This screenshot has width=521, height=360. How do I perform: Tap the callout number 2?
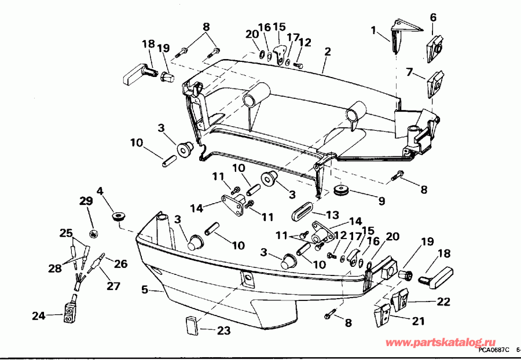coord(328,52)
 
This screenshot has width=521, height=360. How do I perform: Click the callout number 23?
coord(224,331)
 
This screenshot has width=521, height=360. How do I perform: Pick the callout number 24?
coord(38,316)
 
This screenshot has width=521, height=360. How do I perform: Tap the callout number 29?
coord(86,201)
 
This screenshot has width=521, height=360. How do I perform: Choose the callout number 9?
coord(381,201)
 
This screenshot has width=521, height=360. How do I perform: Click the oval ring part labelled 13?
coord(301,210)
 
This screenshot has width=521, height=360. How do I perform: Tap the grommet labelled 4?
coord(119,216)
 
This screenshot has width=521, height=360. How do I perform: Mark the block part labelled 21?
coord(381,314)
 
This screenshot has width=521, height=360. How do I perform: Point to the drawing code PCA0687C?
coord(494,350)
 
